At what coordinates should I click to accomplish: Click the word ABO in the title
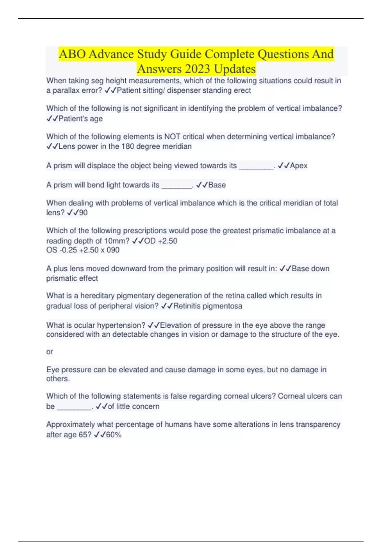(72, 54)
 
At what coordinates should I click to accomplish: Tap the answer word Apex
(299, 166)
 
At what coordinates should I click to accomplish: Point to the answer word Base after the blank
(217, 185)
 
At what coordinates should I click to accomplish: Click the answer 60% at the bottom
(114, 435)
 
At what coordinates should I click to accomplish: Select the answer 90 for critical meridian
(83, 213)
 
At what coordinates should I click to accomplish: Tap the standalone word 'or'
(50, 352)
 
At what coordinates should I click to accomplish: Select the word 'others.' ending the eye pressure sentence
(58, 379)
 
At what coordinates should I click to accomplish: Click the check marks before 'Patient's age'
(52, 119)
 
